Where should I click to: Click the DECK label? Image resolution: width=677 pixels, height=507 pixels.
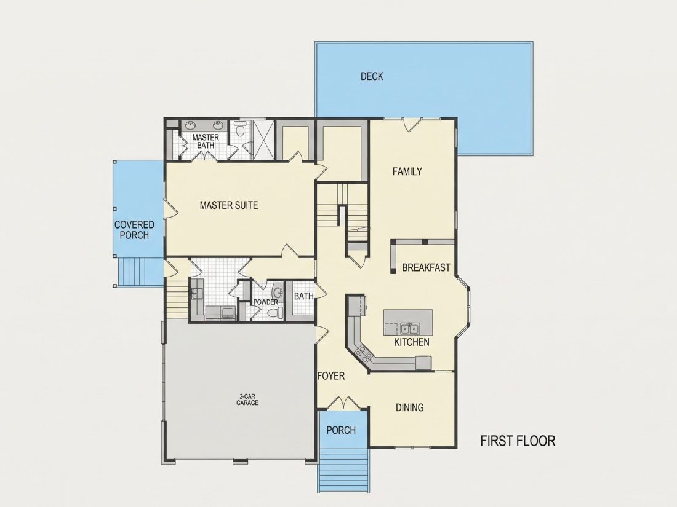pos(372,76)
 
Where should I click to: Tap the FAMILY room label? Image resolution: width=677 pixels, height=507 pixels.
pos(407,171)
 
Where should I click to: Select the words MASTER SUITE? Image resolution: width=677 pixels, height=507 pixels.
pos(229,205)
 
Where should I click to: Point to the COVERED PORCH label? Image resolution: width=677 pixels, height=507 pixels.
pos(134,230)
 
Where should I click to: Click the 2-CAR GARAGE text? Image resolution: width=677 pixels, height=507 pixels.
pos(247,399)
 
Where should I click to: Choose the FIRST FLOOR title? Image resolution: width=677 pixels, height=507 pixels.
pos(518,441)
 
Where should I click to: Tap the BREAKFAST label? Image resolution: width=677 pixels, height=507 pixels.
pos(426,267)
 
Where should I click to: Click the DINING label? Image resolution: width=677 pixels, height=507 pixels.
pos(410,407)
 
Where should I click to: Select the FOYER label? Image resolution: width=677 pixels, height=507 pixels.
pos(331,376)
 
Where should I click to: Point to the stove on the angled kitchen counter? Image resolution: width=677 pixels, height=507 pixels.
pos(362,353)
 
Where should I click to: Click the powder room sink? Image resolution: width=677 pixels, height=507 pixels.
pos(279,293)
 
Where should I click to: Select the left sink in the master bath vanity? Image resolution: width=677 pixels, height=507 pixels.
pos(191,125)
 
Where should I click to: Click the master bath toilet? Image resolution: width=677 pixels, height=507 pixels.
pos(240,129)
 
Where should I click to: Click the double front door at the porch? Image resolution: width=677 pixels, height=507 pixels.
pos(343,403)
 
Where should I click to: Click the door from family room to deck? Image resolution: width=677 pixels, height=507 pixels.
pos(413,124)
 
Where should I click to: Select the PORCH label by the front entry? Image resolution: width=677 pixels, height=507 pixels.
pos(341,430)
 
